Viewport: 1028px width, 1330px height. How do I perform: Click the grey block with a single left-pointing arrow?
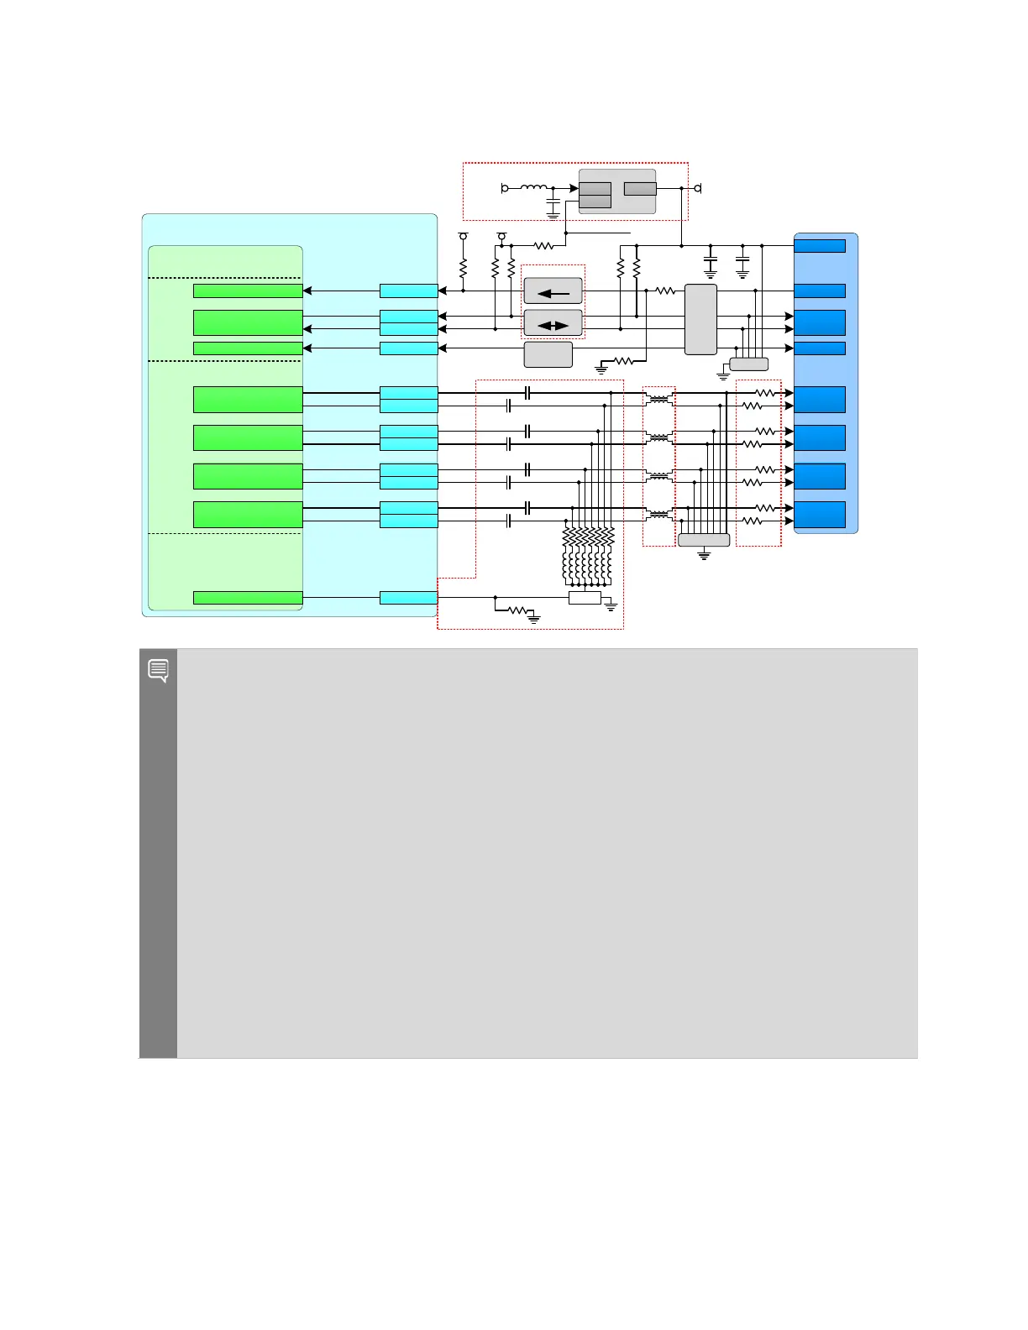click(553, 291)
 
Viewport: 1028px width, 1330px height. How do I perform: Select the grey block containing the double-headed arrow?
click(553, 323)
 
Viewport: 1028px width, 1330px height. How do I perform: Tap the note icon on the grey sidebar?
click(158, 670)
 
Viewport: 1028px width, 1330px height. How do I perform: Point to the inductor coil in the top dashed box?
click(534, 187)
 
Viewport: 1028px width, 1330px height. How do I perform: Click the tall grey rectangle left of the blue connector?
click(700, 319)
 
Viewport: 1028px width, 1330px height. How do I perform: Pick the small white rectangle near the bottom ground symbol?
click(585, 598)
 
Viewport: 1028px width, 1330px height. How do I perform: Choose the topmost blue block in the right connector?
click(820, 245)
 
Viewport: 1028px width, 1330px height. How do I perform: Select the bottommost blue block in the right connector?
click(820, 515)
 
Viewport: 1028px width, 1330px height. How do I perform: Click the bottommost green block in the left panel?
click(248, 598)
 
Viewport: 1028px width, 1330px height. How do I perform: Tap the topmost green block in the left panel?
click(248, 291)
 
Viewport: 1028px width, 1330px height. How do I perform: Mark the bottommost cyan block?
click(409, 598)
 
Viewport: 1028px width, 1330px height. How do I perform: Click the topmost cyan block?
click(409, 291)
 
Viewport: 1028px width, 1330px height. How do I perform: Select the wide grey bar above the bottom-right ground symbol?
click(704, 540)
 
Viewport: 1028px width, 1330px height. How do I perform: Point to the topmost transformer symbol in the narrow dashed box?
click(659, 400)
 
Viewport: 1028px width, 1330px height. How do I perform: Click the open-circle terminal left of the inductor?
click(505, 188)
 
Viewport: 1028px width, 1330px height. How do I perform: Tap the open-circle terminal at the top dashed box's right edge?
click(697, 188)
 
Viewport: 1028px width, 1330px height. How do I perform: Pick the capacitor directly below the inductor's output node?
click(553, 203)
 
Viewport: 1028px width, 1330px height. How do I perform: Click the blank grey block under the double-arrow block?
click(548, 354)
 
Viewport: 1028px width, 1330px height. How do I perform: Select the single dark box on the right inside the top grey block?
click(640, 189)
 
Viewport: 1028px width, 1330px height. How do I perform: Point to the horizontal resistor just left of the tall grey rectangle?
click(665, 291)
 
